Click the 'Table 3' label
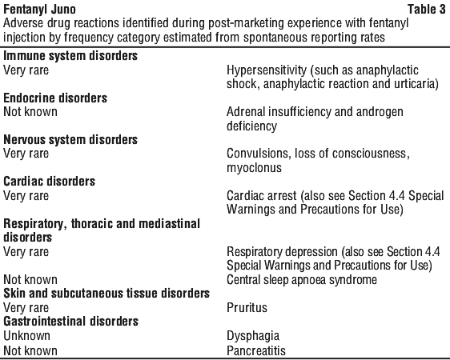tap(427, 9)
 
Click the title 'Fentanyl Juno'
tap(39, 10)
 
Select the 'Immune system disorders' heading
tap(70, 56)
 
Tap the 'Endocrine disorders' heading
tap(55, 98)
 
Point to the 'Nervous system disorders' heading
tap(70, 140)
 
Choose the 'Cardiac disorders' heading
tap(49, 181)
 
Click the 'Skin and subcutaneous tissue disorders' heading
tap(106, 294)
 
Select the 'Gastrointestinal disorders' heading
tap(71, 322)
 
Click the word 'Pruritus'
tap(247, 307)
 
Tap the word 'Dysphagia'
tap(253, 336)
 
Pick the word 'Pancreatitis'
tap(256, 350)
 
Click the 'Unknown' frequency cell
tap(26, 336)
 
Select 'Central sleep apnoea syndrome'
tap(302, 280)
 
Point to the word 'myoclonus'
tap(254, 168)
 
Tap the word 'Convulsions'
tap(257, 154)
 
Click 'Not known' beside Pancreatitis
tap(30, 350)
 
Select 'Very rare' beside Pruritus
tap(26, 307)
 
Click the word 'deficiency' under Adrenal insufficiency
tap(251, 126)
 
